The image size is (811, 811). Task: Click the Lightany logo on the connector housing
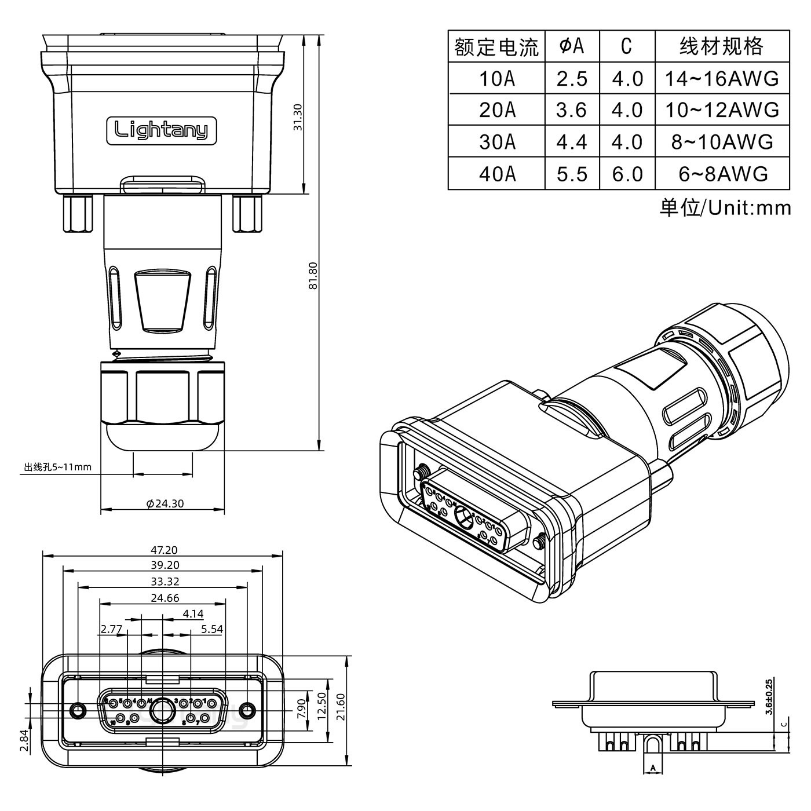(x=161, y=130)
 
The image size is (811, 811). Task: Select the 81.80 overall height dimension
(x=313, y=276)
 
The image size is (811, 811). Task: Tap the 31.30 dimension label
(x=298, y=116)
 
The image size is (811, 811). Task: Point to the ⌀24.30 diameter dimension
(x=165, y=503)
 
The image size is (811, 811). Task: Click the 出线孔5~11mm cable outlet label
(x=57, y=467)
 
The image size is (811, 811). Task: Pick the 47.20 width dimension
(x=165, y=550)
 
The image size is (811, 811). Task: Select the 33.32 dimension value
(x=165, y=582)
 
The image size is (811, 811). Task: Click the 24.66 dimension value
(x=165, y=598)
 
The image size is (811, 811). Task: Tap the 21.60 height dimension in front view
(x=340, y=707)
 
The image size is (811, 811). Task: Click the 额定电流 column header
(x=496, y=46)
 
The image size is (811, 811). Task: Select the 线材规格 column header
(x=721, y=46)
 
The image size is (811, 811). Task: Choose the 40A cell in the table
(x=496, y=174)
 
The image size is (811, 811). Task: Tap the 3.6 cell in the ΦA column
(x=572, y=110)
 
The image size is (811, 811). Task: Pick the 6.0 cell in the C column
(x=627, y=174)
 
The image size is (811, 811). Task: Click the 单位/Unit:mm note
(x=725, y=207)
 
